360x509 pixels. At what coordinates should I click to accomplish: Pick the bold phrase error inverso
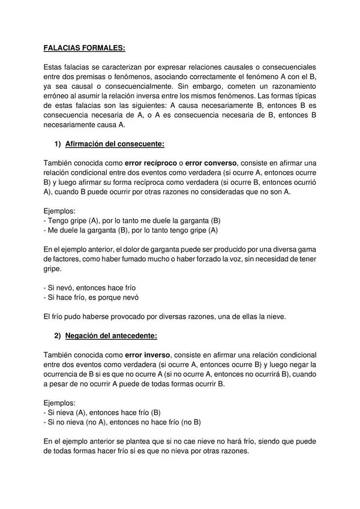[x=149, y=355]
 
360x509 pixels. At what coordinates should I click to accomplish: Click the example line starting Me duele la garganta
[x=131, y=230]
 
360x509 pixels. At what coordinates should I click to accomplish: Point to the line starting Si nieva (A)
[x=103, y=412]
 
